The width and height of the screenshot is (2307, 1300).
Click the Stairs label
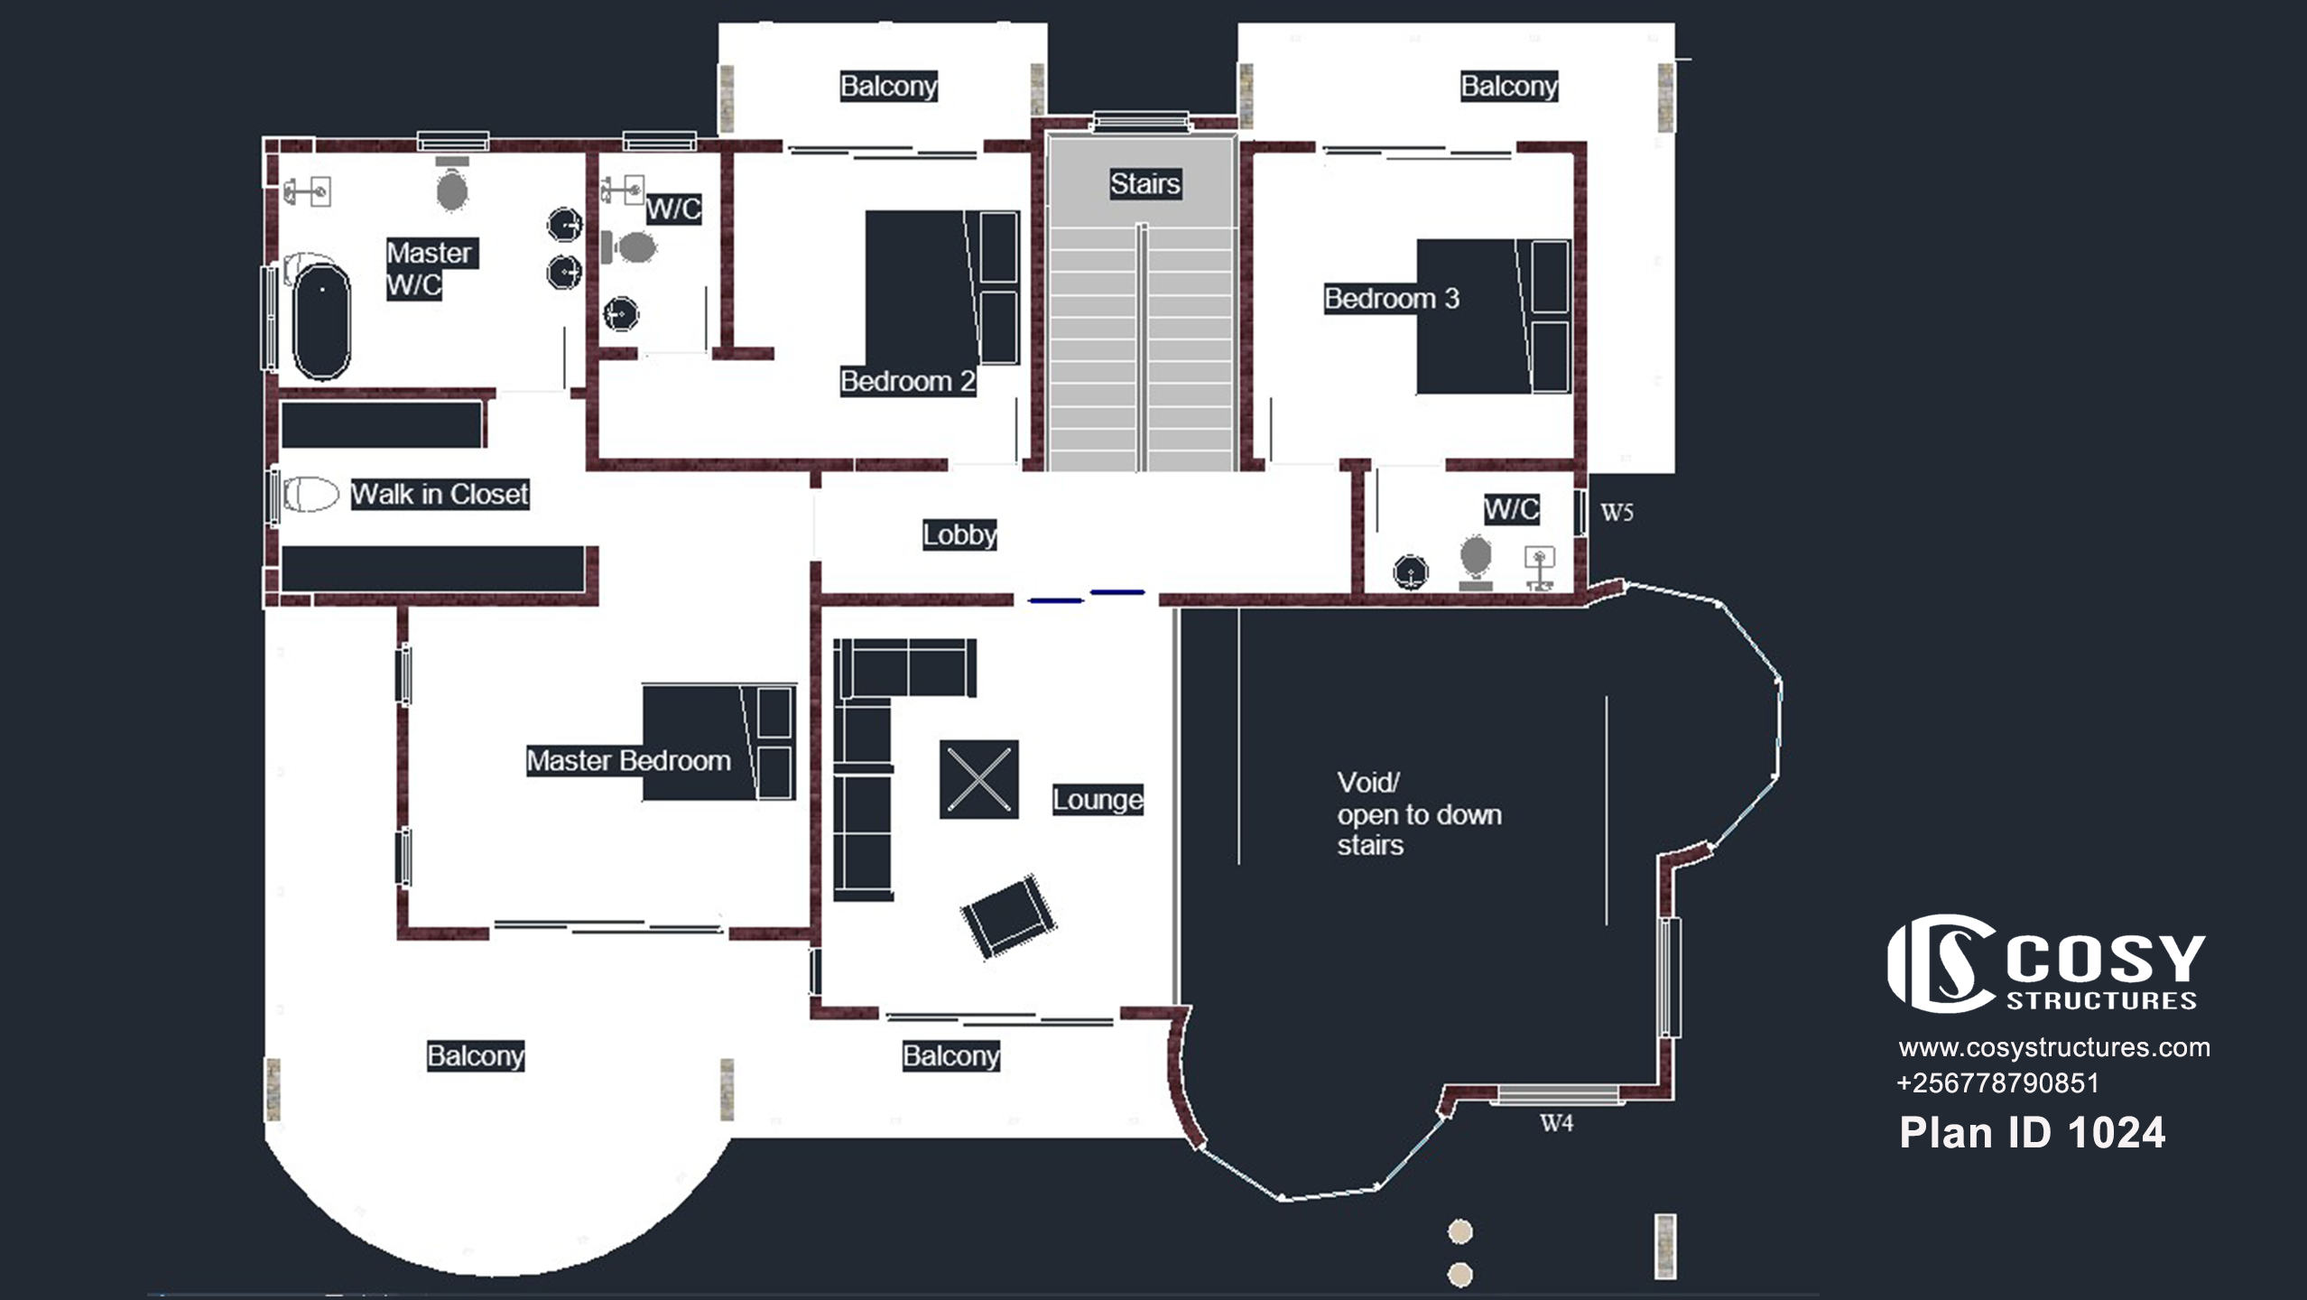pos(1145,184)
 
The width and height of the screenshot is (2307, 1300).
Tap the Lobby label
pos(959,534)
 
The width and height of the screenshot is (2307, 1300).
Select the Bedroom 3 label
pos(1392,299)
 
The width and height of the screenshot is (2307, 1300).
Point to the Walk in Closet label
pos(440,494)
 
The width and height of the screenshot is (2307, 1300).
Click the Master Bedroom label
pos(628,761)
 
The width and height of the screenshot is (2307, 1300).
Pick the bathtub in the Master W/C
pos(321,320)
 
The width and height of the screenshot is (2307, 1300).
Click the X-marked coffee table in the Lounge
pos(979,779)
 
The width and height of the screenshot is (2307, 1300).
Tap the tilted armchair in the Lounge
pos(1007,916)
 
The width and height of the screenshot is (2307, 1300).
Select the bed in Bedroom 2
pos(942,287)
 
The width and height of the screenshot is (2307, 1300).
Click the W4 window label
pos(1556,1123)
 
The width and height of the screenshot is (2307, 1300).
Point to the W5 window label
pos(1617,513)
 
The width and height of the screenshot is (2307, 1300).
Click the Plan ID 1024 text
pos(2032,1133)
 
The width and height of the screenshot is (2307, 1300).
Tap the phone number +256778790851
pos(1998,1083)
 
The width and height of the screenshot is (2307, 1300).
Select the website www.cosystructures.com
pos(2054,1047)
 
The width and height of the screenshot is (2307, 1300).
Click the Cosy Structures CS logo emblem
pos(1941,963)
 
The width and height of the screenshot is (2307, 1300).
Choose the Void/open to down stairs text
pos(1420,813)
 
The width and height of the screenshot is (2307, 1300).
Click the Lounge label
pos(1098,800)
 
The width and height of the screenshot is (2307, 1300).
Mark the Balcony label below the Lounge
pos(951,1056)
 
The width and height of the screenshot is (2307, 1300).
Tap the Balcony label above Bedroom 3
pos(1509,87)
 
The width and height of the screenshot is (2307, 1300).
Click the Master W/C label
pos(431,269)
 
